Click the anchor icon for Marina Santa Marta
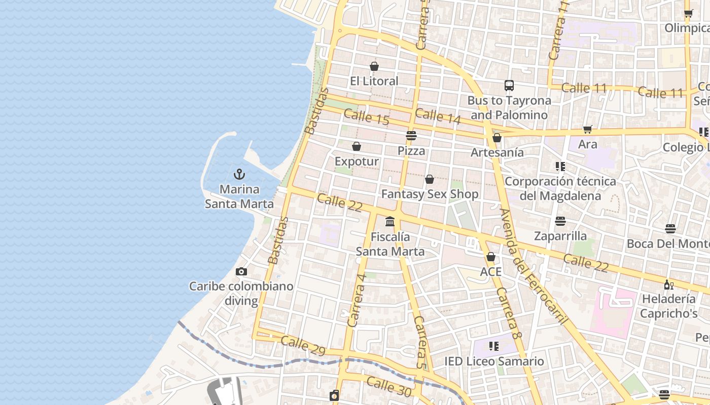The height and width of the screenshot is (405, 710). (x=239, y=175)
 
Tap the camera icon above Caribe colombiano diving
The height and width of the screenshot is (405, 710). (x=241, y=272)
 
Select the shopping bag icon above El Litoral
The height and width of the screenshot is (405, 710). (x=374, y=66)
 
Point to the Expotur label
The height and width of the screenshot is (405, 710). (x=357, y=161)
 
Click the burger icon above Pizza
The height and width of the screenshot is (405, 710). (x=411, y=136)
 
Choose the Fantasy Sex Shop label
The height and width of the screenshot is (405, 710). (x=430, y=194)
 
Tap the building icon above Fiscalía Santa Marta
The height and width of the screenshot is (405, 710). (x=390, y=222)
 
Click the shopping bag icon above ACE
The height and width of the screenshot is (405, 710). (x=490, y=257)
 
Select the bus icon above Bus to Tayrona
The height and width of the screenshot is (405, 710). (x=509, y=86)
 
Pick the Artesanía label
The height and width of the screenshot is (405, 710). (x=497, y=152)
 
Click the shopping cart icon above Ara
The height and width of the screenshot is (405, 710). (x=588, y=129)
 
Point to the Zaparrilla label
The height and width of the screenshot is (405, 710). (x=560, y=236)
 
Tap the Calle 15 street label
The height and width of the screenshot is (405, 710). (x=366, y=117)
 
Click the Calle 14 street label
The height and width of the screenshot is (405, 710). (x=438, y=116)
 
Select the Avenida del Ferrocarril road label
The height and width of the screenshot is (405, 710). (x=532, y=266)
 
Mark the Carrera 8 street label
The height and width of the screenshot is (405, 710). (x=509, y=313)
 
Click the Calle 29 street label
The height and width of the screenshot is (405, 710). (x=303, y=345)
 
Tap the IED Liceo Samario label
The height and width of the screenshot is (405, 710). (x=494, y=361)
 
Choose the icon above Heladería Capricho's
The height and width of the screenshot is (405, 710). (x=668, y=285)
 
